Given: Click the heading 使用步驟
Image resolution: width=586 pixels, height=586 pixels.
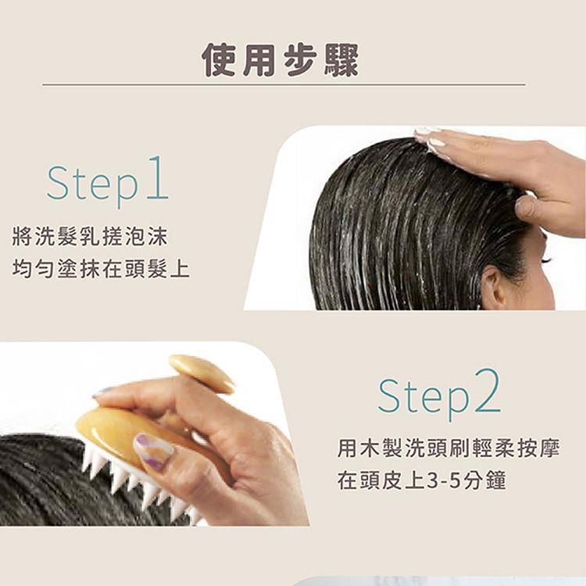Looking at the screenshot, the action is [280, 60].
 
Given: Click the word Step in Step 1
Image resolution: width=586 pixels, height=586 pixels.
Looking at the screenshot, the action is [92, 184].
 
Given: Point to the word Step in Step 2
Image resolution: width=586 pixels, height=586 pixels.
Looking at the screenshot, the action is [423, 398].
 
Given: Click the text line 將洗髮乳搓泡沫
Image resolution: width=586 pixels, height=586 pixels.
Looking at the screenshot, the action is [90, 236].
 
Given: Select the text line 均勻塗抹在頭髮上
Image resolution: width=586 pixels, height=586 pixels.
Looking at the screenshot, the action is [102, 269].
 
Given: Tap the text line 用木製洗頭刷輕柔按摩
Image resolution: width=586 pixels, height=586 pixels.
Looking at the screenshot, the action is [448, 448].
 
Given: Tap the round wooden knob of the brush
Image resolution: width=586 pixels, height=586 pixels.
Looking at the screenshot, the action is [202, 373].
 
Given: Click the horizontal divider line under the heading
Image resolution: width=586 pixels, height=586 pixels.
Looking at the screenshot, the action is [284, 84].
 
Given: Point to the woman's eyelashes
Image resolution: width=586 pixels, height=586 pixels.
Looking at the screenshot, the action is [546, 259].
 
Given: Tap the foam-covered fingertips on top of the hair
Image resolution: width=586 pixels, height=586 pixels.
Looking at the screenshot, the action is [430, 139].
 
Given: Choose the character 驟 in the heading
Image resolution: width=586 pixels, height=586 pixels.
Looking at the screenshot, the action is [341, 60].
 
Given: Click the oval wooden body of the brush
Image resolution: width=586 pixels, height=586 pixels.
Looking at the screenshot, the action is [112, 435].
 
